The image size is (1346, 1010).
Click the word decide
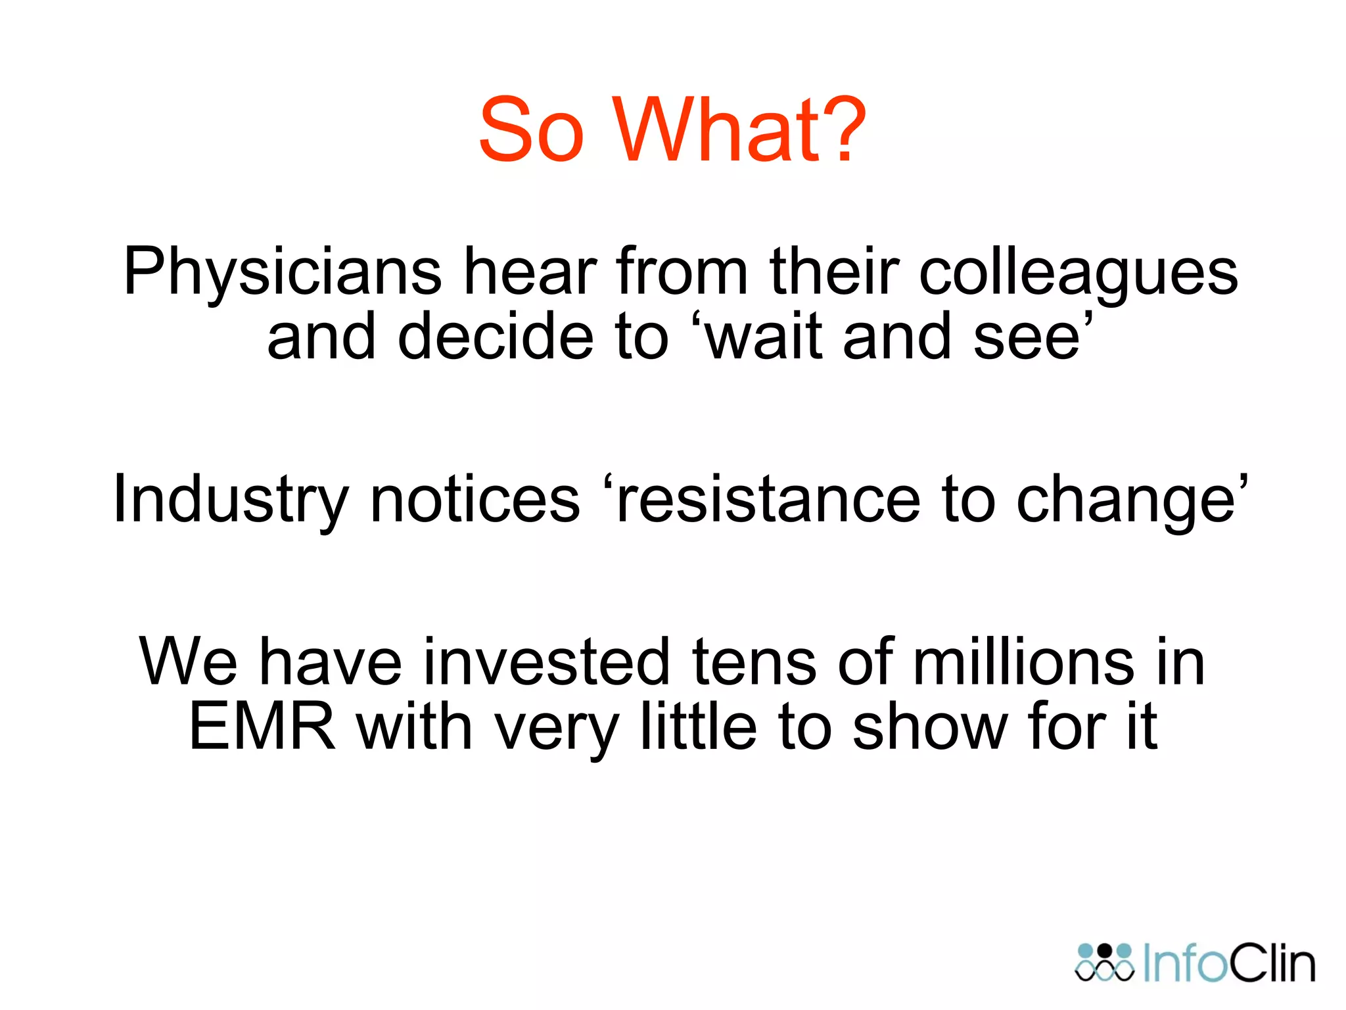496,337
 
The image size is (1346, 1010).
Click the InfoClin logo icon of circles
1105,963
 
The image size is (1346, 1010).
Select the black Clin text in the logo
1272,964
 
